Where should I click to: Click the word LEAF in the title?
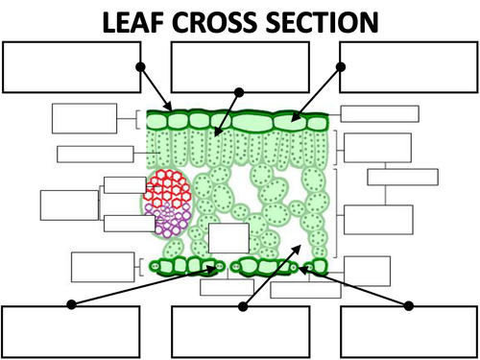point(133,22)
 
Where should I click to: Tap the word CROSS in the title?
point(215,22)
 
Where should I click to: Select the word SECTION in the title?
point(323,22)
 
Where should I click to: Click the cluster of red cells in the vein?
point(168,188)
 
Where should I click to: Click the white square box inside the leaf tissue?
point(228,238)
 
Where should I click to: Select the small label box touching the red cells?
point(125,185)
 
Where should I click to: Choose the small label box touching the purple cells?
point(130,224)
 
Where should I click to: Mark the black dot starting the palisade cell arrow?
point(239,92)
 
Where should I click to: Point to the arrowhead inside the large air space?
point(298,249)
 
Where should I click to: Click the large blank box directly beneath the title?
point(240,67)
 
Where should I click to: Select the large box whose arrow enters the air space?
point(241,332)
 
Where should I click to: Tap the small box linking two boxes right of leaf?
point(402,177)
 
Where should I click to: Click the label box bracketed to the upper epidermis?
point(84,118)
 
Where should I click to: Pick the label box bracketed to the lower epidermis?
point(103,267)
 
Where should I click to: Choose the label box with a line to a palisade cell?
point(95,155)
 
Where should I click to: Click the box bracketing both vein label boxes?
point(69,205)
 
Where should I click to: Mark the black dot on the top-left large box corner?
point(140,67)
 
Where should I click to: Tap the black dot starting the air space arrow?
point(243,306)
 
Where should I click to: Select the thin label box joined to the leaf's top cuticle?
point(380,114)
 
